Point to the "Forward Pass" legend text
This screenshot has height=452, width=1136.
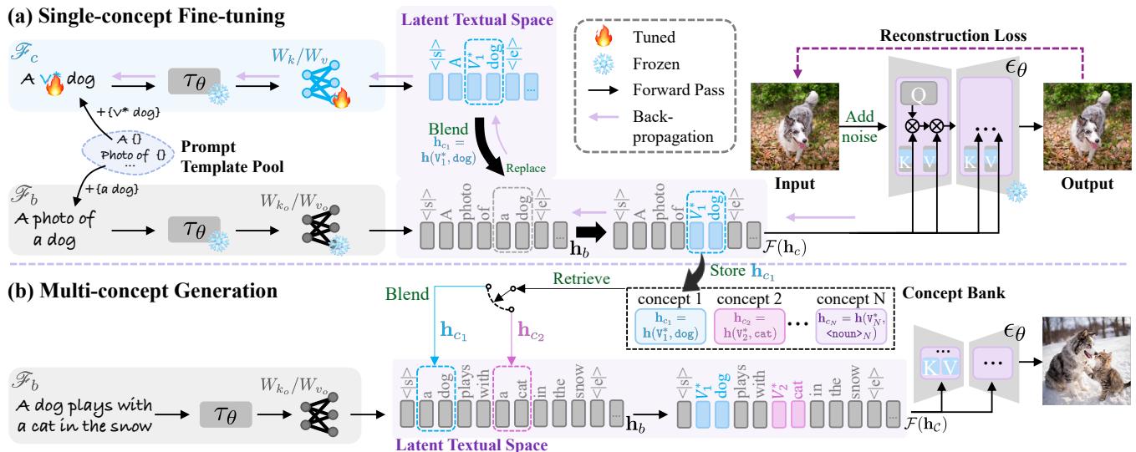[666, 87]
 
